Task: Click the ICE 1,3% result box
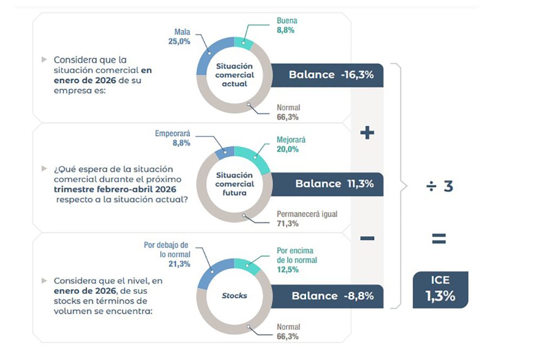click(x=440, y=289)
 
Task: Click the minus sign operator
click(x=367, y=238)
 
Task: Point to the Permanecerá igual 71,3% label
click(x=307, y=219)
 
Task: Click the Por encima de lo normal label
click(x=296, y=260)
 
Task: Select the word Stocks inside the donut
click(x=235, y=296)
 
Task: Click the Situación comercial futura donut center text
click(x=235, y=184)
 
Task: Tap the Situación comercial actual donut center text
click(x=235, y=75)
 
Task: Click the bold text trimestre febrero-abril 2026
click(x=115, y=189)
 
